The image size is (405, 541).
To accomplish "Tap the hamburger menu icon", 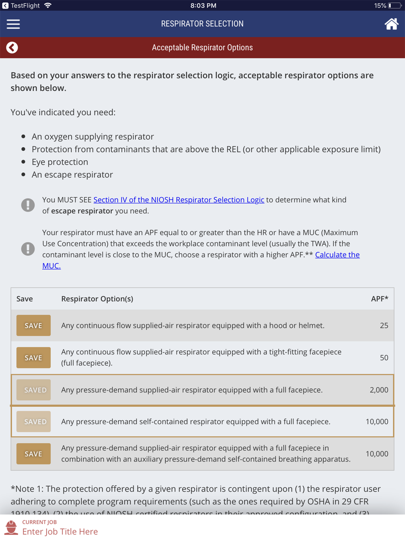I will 13,24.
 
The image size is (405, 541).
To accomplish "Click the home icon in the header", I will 391,24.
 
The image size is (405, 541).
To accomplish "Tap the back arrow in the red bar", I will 12,48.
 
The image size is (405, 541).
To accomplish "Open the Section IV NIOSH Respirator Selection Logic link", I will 179,200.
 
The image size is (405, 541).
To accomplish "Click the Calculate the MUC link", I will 337,255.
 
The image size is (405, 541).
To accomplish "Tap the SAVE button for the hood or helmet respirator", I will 34,326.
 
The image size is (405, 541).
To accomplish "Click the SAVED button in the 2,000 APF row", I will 34,390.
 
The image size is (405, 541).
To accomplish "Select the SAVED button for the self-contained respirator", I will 34,422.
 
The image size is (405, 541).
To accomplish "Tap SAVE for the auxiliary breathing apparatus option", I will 34,454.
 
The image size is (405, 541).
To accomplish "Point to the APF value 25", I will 384,326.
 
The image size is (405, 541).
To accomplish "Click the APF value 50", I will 384,358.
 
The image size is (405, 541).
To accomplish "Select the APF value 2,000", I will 379,390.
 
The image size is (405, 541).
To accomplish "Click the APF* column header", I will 379,299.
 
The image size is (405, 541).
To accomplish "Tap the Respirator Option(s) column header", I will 97,299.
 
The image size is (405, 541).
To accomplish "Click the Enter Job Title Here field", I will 60,532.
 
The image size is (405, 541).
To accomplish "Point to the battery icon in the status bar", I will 394,6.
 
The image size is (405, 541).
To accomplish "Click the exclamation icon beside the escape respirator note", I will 28,205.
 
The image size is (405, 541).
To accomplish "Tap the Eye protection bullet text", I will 60,162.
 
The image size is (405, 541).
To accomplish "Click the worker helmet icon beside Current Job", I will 11,528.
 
